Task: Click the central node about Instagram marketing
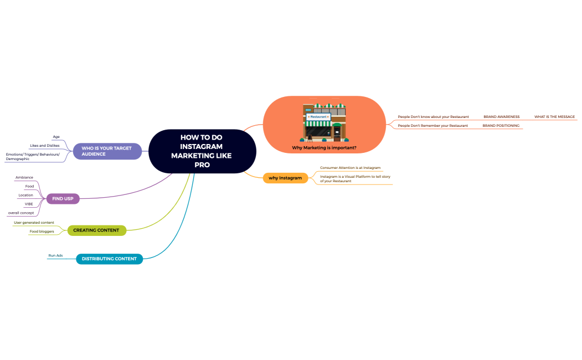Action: (202, 151)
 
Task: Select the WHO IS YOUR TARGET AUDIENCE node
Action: (107, 151)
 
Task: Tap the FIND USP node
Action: (63, 199)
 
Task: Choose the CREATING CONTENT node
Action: (96, 230)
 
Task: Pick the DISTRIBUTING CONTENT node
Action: (110, 259)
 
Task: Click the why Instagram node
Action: (285, 178)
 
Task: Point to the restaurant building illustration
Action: (325, 123)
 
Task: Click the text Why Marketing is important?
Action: (324, 148)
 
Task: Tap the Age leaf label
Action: (56, 137)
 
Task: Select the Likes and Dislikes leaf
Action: (44, 146)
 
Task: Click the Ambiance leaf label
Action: (24, 177)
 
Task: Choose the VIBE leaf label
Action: (29, 204)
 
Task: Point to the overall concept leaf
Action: (21, 213)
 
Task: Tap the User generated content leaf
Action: (34, 223)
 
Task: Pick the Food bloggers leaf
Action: (42, 231)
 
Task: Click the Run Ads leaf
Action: (55, 255)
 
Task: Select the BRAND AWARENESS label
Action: (502, 116)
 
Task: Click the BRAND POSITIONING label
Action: (501, 125)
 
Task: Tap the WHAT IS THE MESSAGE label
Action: (554, 116)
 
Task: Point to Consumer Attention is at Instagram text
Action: (350, 168)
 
